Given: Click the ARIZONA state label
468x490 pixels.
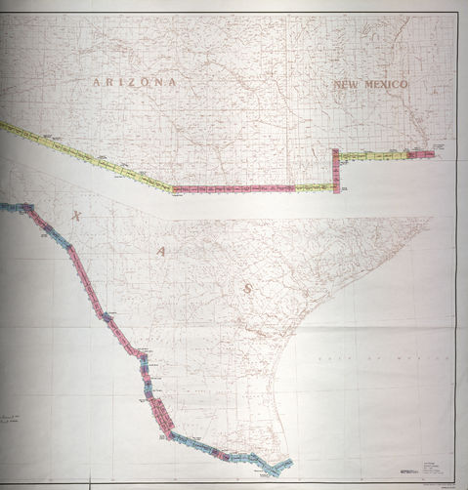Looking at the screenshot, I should pyautogui.click(x=136, y=83).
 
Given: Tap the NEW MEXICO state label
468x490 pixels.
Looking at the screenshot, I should pyautogui.click(x=370, y=86).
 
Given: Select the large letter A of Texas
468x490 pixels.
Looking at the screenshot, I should pyautogui.click(x=159, y=251).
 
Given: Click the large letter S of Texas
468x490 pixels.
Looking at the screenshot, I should pyautogui.click(x=248, y=288).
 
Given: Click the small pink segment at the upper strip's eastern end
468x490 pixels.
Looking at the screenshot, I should pyautogui.click(x=421, y=153).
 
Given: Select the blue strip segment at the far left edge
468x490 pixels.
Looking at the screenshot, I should pyautogui.click(x=14, y=206).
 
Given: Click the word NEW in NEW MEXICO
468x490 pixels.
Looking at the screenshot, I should pyautogui.click(x=346, y=86).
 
